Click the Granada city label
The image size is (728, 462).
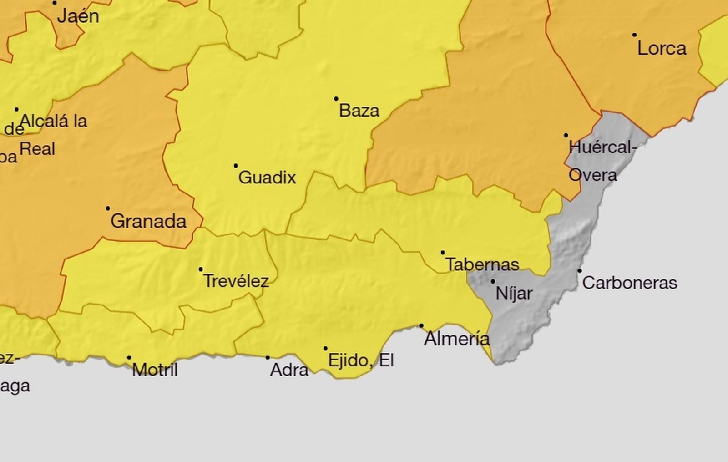[148, 222]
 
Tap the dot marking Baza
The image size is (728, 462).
[336, 99]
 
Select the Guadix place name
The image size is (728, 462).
[267, 177]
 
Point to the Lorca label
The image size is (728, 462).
[662, 48]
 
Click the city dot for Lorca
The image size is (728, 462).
[634, 35]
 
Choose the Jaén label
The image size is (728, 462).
[78, 16]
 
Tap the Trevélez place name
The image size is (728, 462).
[236, 281]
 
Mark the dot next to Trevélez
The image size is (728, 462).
[201, 269]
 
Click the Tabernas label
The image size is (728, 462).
[482, 264]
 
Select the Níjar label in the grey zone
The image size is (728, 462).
[514, 293]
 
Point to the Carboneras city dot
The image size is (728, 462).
[579, 271]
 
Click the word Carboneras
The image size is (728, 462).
[630, 283]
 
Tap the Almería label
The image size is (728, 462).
[457, 339]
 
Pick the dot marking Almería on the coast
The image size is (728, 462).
[421, 326]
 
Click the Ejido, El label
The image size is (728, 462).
[361, 361]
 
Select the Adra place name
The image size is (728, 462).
[289, 370]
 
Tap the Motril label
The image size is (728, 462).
[155, 370]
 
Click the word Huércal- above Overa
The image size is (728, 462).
[602, 147]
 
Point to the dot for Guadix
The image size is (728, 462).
[236, 166]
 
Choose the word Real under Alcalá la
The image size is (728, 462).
[37, 149]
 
